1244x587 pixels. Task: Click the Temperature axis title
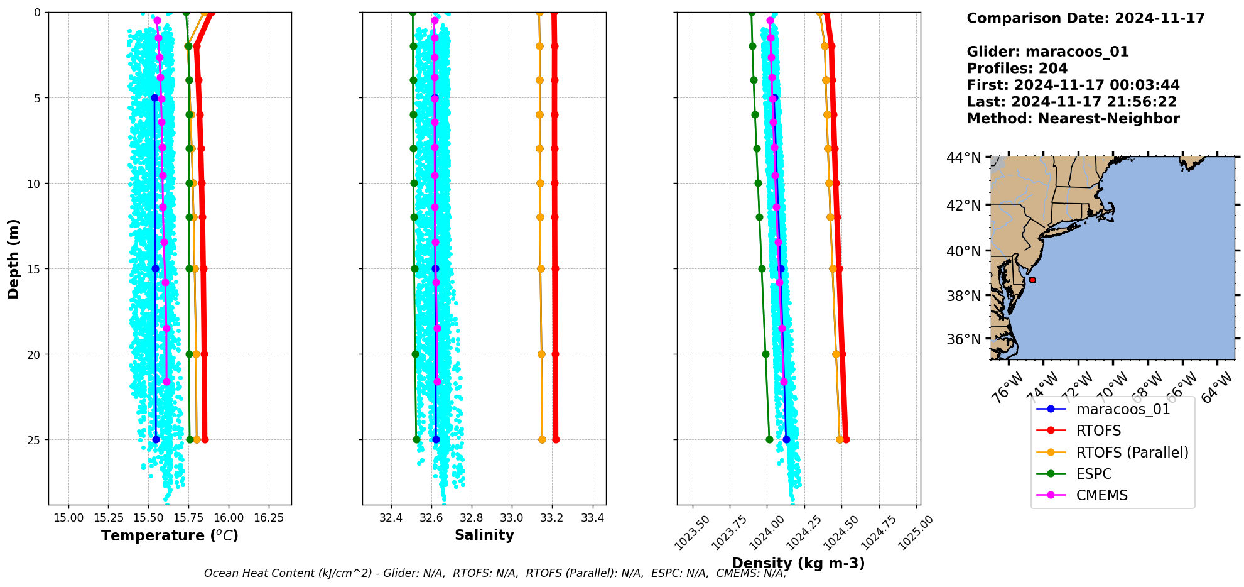click(x=170, y=535)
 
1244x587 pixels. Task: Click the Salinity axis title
click(x=484, y=535)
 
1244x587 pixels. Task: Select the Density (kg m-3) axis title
click(x=798, y=563)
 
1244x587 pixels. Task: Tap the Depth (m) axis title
click(x=14, y=258)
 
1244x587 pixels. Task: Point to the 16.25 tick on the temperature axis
click(x=269, y=518)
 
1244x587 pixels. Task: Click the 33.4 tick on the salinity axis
click(x=593, y=518)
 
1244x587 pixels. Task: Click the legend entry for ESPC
click(x=1093, y=474)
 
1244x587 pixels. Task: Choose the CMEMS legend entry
click(x=1101, y=495)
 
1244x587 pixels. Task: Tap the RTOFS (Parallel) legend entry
click(x=1132, y=453)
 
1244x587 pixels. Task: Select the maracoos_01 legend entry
click(x=1123, y=409)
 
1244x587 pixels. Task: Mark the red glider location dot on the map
click(x=1032, y=280)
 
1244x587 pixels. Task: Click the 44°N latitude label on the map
click(x=963, y=158)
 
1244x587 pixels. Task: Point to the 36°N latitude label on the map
click(x=963, y=339)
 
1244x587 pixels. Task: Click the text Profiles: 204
click(x=1017, y=69)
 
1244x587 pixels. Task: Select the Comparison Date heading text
click(x=1085, y=18)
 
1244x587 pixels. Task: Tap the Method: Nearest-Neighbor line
click(x=1073, y=119)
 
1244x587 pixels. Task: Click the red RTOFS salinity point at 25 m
click(x=556, y=439)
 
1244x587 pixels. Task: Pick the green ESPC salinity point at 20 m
click(x=415, y=354)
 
